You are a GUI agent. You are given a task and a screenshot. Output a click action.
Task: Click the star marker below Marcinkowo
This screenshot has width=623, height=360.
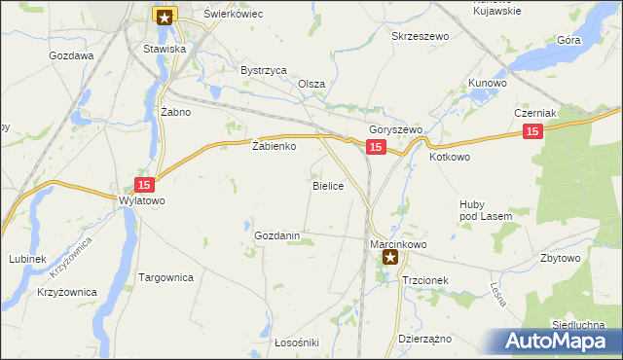[x=390, y=258]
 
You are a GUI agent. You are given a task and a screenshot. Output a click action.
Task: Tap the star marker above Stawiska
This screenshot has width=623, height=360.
[x=165, y=16]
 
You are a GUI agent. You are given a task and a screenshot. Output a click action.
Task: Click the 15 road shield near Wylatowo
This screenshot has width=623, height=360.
[x=144, y=185]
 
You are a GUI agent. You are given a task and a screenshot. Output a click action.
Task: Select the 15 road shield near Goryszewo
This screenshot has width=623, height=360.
[x=377, y=147]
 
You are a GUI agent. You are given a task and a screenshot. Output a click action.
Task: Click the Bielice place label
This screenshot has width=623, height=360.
[x=327, y=185]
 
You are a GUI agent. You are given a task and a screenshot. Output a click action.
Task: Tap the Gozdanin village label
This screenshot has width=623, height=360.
[x=283, y=236]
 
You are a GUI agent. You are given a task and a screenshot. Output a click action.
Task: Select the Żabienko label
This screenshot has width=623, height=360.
[x=274, y=147]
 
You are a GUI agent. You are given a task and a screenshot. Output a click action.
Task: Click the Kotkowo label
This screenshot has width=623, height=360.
[x=450, y=156]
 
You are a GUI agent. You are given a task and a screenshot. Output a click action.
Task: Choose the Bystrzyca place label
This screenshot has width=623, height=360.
[x=263, y=71]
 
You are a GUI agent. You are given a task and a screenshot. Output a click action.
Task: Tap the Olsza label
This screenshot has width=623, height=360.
[x=311, y=85]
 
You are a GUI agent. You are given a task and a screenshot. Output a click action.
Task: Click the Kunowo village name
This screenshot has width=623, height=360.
[x=488, y=84]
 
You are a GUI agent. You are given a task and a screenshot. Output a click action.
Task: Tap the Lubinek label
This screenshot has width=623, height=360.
[x=27, y=259]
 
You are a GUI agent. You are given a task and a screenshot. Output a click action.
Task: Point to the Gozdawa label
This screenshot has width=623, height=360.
[x=71, y=56]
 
